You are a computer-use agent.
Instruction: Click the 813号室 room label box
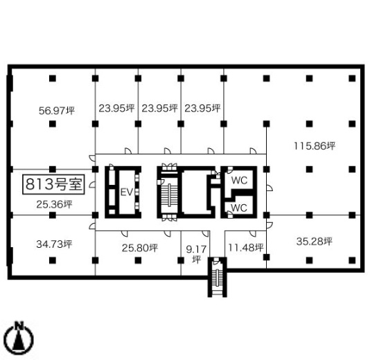coord(53,184)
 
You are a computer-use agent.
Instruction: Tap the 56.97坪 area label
coord(57,111)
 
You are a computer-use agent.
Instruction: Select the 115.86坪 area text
coord(315,146)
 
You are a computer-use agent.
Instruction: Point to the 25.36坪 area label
coord(54,204)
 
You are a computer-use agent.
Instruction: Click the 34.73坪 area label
coord(54,244)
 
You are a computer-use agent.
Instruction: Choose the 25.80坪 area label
coord(140,248)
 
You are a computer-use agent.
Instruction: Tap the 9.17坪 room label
coord(196,254)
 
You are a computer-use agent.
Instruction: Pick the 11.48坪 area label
coord(246,247)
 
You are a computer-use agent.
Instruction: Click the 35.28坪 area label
coord(315,241)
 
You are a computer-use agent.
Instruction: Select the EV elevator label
coord(127,192)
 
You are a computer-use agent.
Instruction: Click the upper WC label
coord(239,181)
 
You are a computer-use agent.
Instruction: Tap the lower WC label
coord(239,208)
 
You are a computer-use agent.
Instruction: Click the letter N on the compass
coord(19,325)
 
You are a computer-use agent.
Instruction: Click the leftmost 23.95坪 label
coord(116,108)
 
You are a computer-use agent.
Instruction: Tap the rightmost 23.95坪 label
coord(202,108)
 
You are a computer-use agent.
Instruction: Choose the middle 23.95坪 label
coord(159,108)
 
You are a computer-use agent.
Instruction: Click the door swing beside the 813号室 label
coord(92,185)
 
